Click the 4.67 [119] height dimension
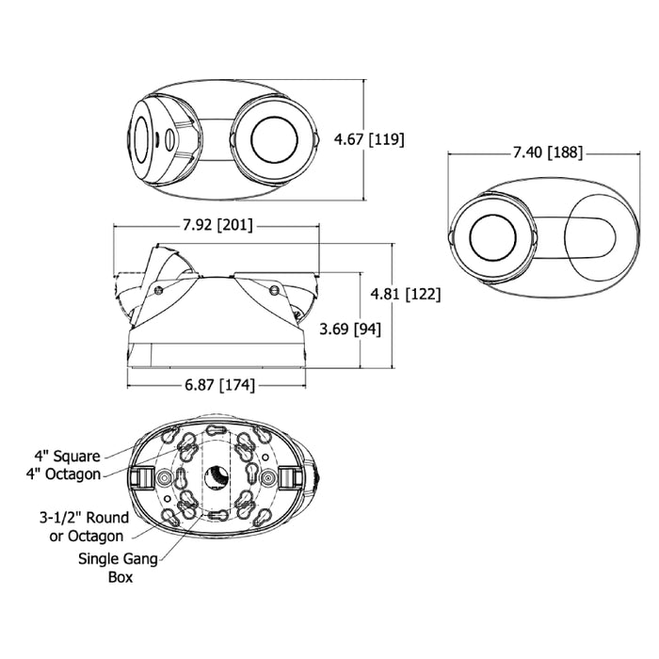(369, 139)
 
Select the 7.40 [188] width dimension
(548, 153)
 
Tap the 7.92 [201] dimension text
(217, 225)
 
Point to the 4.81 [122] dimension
(406, 294)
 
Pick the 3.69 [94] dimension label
(350, 329)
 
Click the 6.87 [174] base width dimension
(219, 384)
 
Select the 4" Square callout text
(67, 456)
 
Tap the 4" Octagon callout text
(63, 474)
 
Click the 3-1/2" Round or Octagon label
(84, 526)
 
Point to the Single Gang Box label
(118, 568)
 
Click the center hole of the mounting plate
(217, 478)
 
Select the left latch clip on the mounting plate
(141, 478)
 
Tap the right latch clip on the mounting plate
(291, 478)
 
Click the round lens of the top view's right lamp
(274, 140)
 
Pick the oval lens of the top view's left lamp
(141, 140)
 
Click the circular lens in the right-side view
(492, 237)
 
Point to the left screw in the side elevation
(158, 290)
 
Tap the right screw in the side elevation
(274, 290)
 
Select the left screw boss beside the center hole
(163, 478)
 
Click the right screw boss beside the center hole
(267, 478)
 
